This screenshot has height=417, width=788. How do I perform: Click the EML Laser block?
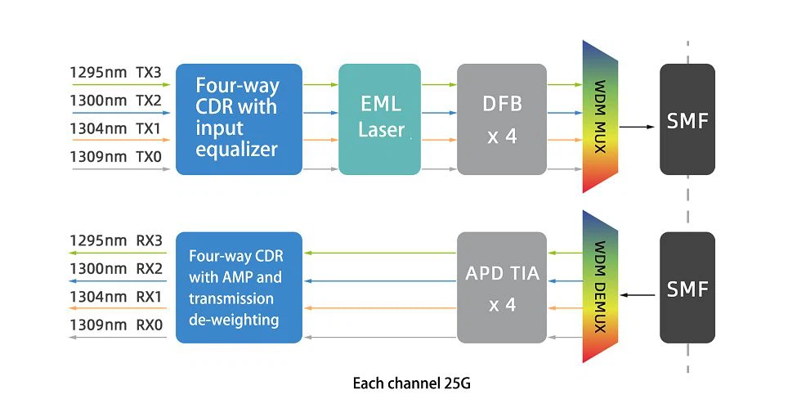379,119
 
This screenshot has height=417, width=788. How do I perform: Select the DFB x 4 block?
501,119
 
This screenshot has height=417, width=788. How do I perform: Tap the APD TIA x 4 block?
501,287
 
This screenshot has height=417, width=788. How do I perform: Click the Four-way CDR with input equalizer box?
239,119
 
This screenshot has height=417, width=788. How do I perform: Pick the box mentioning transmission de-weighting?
239,287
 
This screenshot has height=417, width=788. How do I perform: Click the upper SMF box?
687,119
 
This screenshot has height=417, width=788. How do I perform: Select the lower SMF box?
687,287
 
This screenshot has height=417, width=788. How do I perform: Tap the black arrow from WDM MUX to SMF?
638,127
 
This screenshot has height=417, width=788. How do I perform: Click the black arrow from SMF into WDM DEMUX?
638,295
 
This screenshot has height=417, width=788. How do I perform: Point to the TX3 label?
149,73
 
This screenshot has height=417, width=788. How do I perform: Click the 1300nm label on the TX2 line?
98,101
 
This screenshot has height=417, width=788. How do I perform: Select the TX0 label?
149,156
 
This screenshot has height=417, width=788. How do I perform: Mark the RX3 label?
149,240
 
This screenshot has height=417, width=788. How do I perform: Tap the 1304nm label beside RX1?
98,296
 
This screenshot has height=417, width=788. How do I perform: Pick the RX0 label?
149,325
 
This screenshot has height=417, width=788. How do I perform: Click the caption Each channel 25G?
411,383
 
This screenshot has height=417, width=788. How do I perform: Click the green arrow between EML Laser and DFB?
438,84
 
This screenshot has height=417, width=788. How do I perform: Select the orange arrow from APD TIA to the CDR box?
379,308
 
